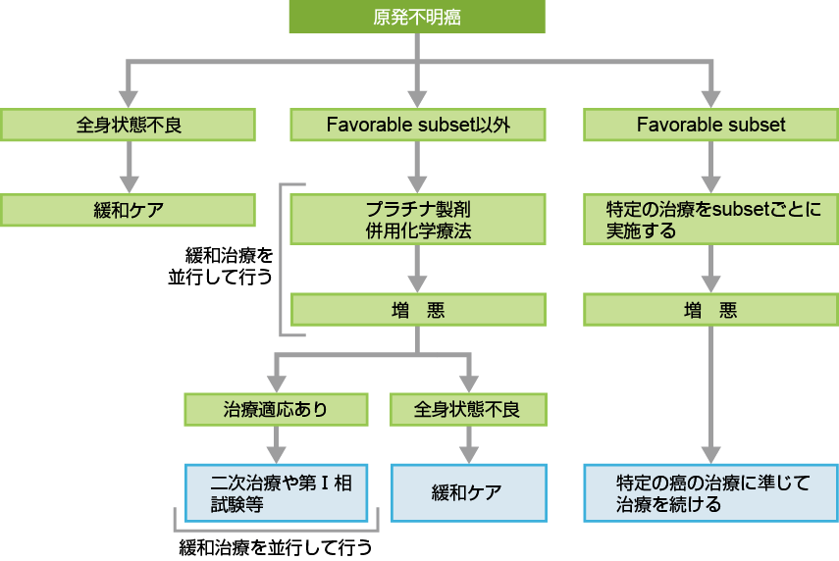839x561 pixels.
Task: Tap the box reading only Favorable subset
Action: [x=710, y=125]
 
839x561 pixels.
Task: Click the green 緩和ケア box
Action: [x=128, y=210]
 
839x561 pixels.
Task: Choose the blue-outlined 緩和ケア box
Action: [x=468, y=492]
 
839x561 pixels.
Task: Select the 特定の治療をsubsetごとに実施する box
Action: [x=710, y=220]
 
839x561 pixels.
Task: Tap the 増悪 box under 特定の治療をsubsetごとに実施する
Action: [x=710, y=310]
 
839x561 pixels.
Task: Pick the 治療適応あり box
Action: [x=276, y=409]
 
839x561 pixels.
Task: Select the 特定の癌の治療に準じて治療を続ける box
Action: [x=710, y=492]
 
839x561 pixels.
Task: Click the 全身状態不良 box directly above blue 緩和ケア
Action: [x=468, y=409]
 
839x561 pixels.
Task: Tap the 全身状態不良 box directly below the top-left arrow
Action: [x=128, y=125]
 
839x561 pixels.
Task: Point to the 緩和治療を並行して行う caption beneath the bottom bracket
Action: [x=276, y=546]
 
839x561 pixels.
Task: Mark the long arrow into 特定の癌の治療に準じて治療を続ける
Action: [x=710, y=392]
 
